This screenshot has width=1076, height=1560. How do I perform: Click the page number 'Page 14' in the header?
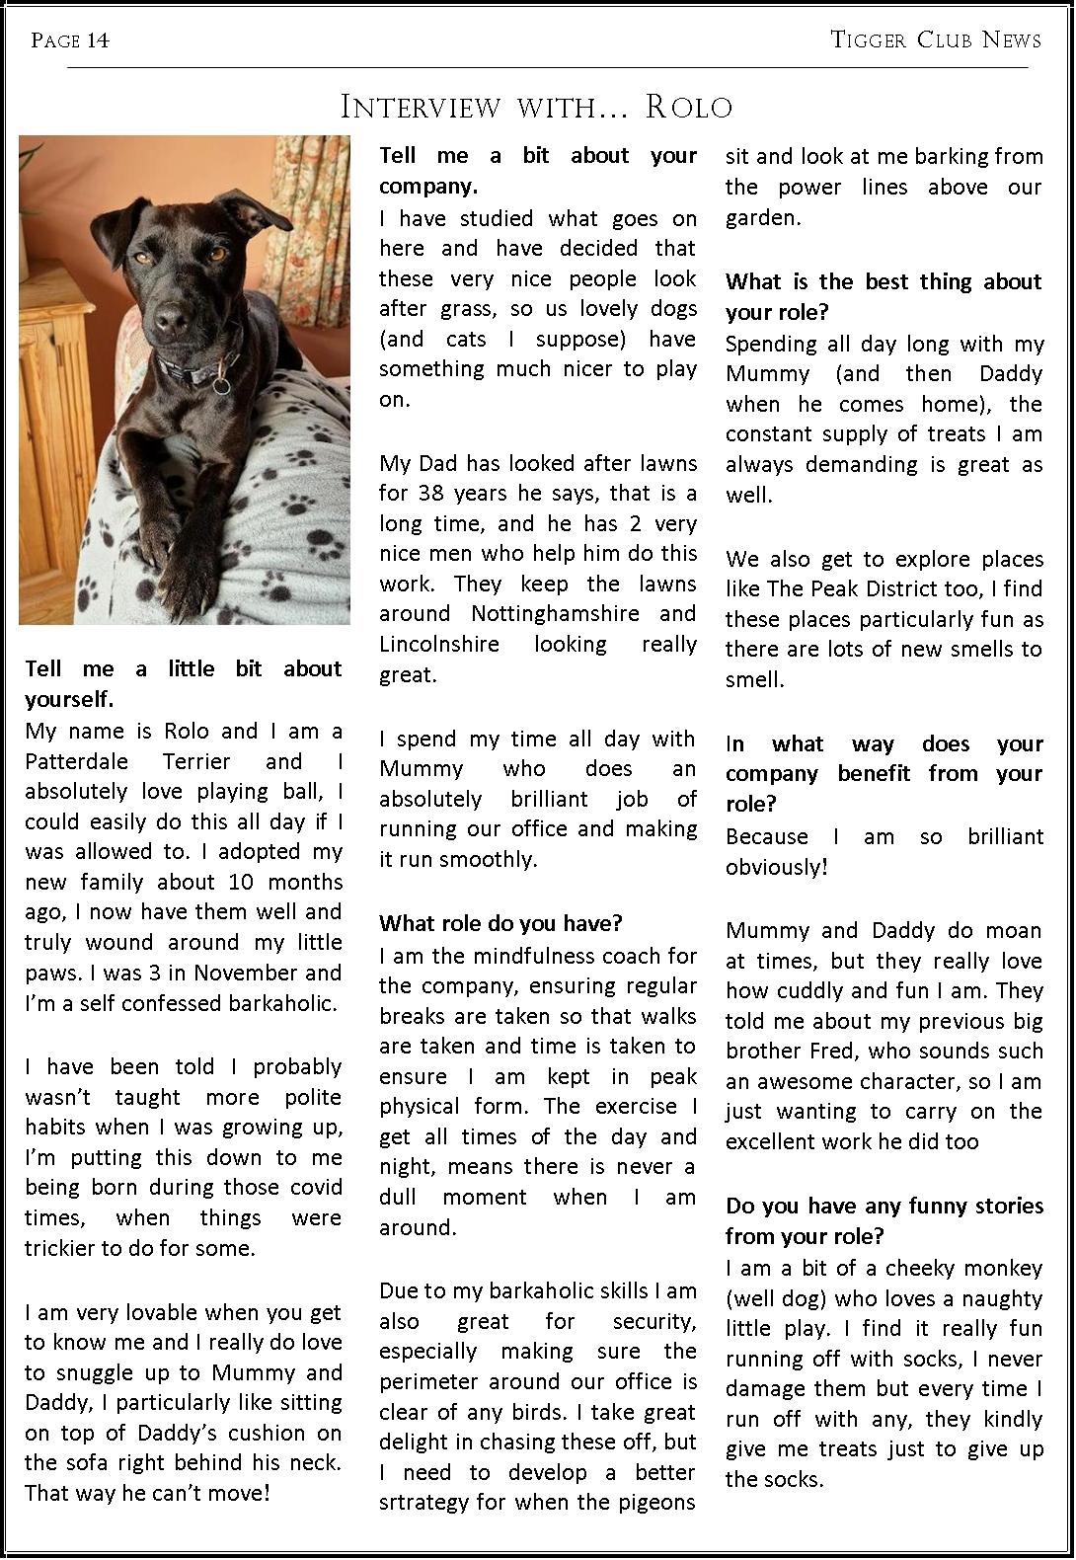(70, 39)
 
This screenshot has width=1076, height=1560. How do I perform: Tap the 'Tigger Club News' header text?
(936, 39)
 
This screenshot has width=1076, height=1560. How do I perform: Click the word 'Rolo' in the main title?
(689, 107)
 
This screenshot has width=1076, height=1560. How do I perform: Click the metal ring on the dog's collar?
(223, 384)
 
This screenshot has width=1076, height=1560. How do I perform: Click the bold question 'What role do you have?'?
(500, 924)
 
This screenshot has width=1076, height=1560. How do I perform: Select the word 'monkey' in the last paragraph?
(1003, 1269)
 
